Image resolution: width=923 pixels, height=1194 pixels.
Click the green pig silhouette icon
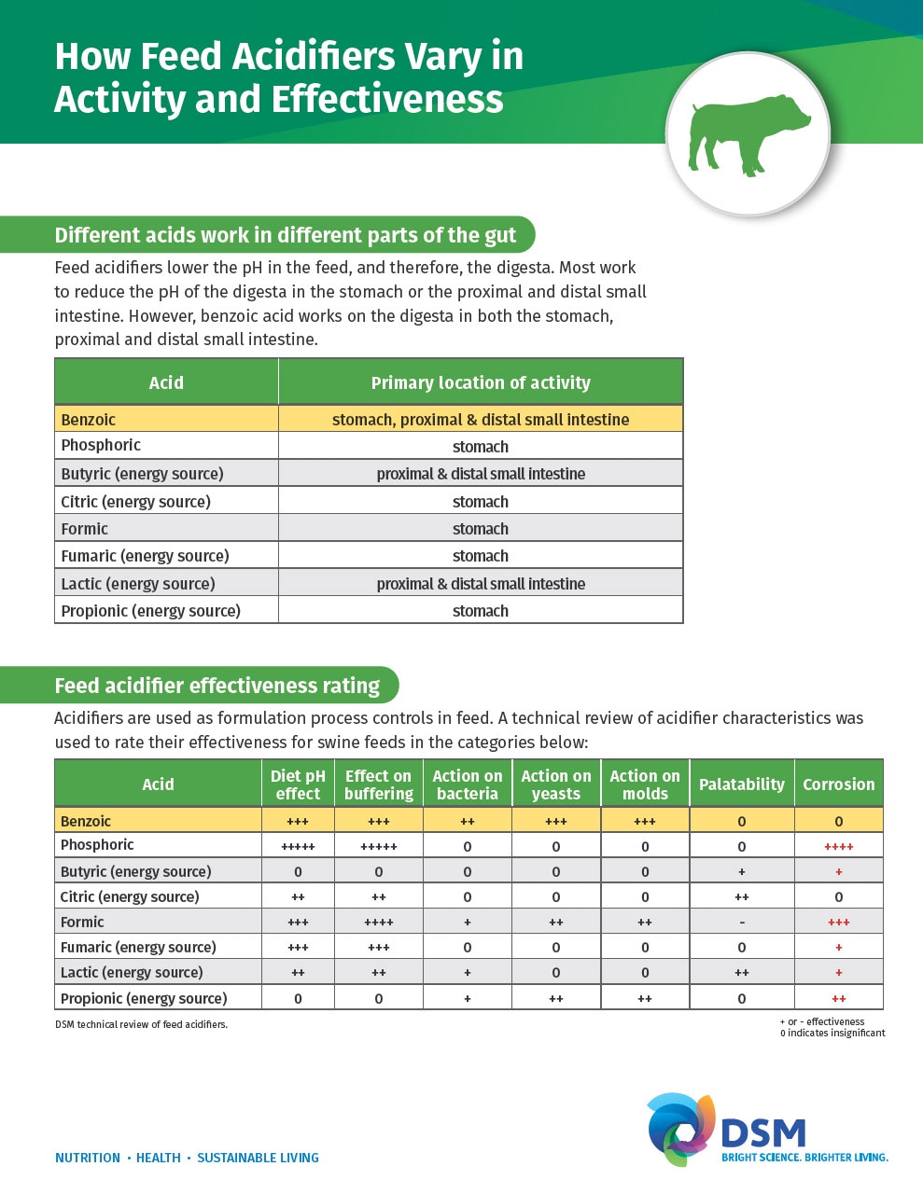[748, 135]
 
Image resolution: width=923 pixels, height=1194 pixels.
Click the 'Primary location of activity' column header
[481, 382]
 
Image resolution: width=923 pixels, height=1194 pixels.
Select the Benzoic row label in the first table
[89, 419]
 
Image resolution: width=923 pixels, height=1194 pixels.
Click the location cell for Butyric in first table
[481, 473]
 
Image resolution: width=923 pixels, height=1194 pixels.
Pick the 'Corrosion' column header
[838, 784]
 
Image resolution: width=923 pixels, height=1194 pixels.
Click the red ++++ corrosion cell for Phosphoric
[838, 847]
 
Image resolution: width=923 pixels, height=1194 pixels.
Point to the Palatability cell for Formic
[741, 923]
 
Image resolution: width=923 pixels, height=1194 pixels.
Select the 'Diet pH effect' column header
[298, 784]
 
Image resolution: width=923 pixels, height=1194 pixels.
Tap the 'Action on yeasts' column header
[555, 784]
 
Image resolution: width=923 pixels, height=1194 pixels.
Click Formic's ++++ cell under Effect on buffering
[378, 923]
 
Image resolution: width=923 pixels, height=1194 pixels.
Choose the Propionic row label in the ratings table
[144, 998]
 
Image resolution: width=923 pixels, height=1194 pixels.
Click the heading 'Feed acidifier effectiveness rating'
[217, 686]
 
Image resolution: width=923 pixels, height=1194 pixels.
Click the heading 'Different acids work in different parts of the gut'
[285, 235]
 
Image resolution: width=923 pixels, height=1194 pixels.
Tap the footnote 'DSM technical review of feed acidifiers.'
[141, 1024]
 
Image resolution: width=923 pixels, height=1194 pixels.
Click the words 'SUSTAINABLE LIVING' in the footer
[258, 1158]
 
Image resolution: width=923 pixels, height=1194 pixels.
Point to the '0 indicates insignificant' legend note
[832, 1033]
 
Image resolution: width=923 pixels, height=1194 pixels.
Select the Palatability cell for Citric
[741, 897]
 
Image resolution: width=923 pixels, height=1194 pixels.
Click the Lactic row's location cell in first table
[481, 584]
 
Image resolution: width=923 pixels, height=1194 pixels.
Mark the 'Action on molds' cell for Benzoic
[644, 822]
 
